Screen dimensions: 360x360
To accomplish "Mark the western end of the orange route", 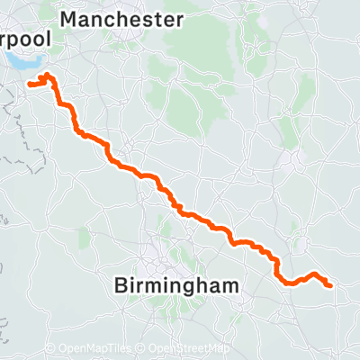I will coord(30,85).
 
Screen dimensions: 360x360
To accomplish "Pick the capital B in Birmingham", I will coord(121,286).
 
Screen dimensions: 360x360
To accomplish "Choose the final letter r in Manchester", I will coord(181,19).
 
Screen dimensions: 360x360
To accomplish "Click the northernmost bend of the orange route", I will coord(47,75).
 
